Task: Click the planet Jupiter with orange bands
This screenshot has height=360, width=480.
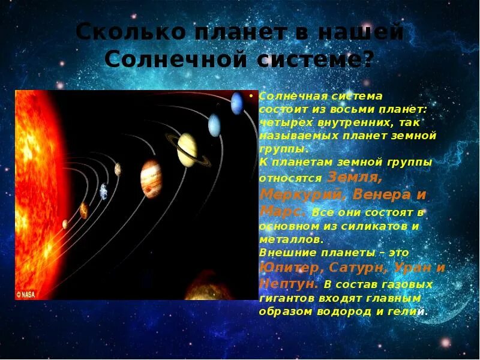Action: tap(151, 178)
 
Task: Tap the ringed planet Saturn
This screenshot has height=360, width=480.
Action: tap(187, 149)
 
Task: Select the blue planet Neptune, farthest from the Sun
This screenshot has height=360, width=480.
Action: tap(237, 103)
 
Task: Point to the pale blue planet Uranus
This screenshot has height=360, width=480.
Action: tap(214, 125)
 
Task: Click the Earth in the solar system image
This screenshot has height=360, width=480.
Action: tap(104, 191)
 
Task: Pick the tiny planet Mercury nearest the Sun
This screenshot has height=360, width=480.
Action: tap(65, 224)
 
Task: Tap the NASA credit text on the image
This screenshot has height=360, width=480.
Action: tap(26, 295)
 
